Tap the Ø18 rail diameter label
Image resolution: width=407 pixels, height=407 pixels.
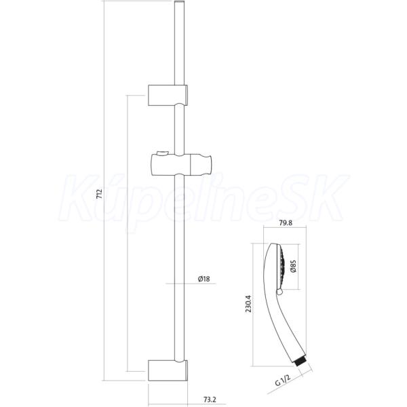pos(203,279)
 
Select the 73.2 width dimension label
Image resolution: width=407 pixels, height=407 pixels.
pos(210,400)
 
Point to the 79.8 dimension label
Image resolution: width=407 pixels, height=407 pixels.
pos(286,222)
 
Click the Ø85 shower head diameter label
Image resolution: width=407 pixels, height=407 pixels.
pos(293,267)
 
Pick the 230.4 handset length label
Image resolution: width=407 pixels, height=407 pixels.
pos(249,304)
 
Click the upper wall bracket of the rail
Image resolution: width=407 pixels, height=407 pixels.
pos(168,95)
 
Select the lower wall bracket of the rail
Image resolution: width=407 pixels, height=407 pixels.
pos(168,370)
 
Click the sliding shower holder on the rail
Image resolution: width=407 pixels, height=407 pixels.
pos(181,165)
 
